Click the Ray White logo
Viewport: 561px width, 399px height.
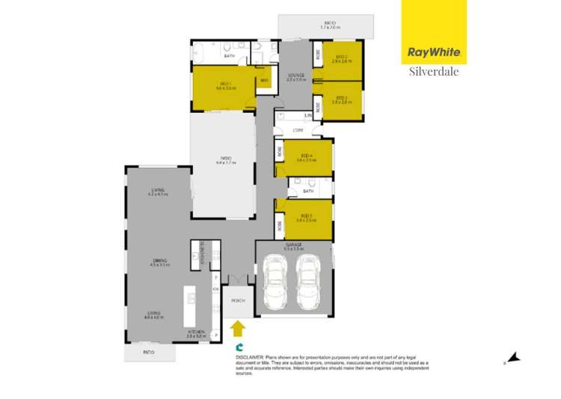(433, 52)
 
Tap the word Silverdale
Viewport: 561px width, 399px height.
(433, 72)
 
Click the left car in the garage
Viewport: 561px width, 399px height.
(275, 282)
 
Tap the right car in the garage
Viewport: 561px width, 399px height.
(308, 282)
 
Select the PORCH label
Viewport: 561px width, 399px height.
(238, 300)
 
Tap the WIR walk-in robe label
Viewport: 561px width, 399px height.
(264, 81)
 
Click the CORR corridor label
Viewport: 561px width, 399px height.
(297, 130)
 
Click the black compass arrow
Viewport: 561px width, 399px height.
(513, 358)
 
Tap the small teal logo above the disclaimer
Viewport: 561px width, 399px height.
(239, 347)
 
